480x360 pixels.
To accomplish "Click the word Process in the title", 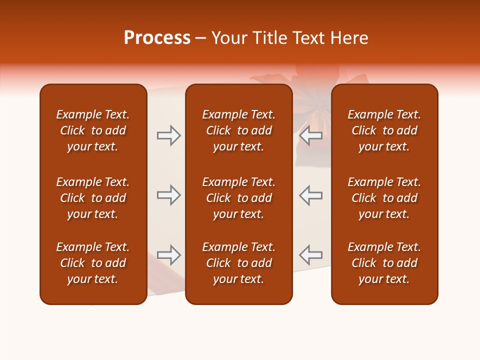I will point(157,37).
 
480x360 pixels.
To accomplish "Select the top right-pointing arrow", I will point(169,135).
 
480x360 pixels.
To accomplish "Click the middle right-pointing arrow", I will point(169,195).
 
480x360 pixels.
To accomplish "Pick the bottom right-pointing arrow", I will point(169,255).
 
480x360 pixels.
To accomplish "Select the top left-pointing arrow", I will point(311,135).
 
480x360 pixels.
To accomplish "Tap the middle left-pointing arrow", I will point(311,195).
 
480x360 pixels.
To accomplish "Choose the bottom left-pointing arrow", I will point(311,255).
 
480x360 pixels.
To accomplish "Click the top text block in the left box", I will point(93,130).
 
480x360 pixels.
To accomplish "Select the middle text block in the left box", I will point(93,198).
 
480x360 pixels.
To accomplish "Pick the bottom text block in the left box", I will point(93,263).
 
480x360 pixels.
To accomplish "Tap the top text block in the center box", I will point(239,130).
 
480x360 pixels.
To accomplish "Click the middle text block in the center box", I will point(239,198).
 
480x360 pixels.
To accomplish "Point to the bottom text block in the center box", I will point(239,263).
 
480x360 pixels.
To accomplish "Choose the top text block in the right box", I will point(384,130).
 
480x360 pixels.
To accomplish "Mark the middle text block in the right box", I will point(384,198).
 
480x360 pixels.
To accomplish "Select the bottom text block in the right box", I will point(384,263).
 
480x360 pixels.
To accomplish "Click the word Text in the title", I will point(307,38).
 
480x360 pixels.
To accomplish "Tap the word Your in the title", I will point(229,38).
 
